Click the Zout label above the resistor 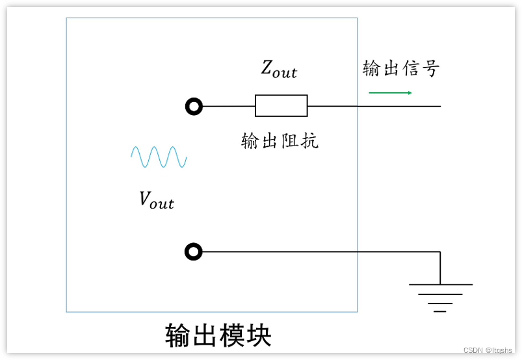[x=279, y=69]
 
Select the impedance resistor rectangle [x=281, y=105]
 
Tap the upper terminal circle [x=194, y=106]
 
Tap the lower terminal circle [x=194, y=251]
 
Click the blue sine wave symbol [x=159, y=157]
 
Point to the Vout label [x=157, y=200]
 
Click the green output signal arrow [x=390, y=93]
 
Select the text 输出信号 [x=400, y=68]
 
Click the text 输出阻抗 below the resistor [x=280, y=141]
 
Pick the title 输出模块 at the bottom [x=218, y=335]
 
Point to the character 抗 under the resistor [x=309, y=141]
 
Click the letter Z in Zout [x=267, y=68]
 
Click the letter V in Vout [x=146, y=199]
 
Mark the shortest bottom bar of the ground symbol [x=440, y=311]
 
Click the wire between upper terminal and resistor [x=228, y=106]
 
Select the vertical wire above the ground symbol [x=440, y=268]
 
